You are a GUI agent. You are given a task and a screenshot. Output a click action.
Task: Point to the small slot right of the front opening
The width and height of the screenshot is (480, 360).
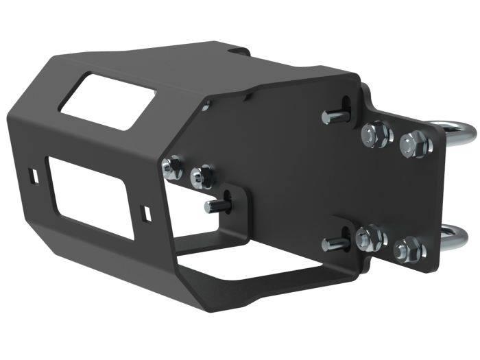click(x=144, y=213)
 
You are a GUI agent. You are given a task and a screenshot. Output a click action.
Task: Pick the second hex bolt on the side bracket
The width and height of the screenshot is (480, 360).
click(x=199, y=176)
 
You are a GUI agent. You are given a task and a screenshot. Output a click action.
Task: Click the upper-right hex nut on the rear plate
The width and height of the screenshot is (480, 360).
click(x=413, y=143)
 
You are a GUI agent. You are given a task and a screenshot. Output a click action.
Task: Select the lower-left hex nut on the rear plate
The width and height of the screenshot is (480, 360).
click(x=371, y=238)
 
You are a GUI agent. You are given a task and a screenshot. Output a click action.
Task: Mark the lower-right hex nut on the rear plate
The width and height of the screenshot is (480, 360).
click(x=409, y=249)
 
